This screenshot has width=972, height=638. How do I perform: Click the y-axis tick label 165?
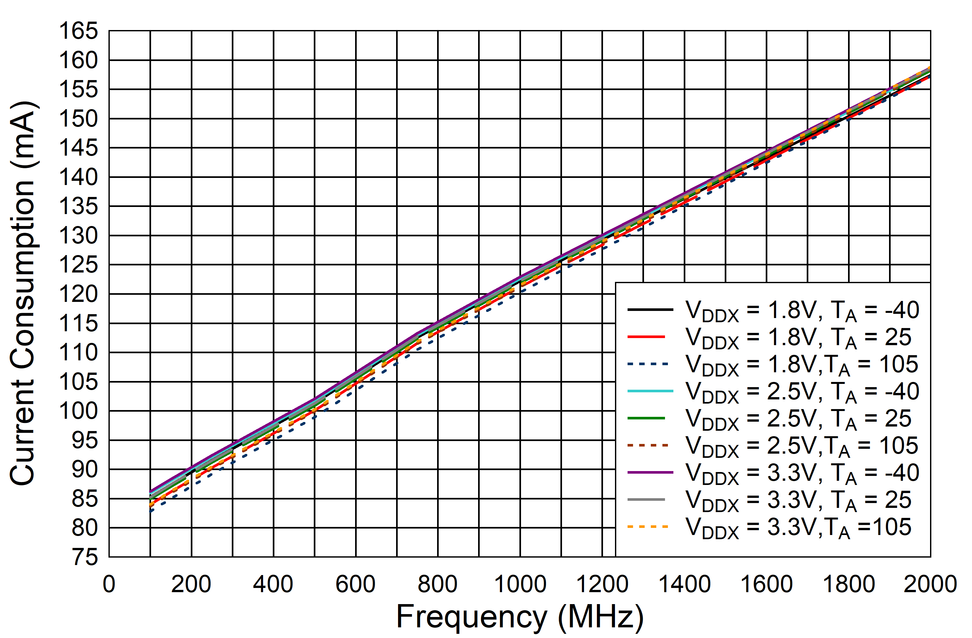tap(78, 31)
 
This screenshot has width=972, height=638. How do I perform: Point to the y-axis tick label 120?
tap(78, 294)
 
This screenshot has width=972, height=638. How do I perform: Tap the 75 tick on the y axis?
tap(85, 557)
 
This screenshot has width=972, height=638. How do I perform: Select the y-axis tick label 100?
tap(78, 411)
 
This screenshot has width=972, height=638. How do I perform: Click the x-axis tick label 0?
tap(109, 584)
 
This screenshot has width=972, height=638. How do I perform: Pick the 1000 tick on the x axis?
tap(520, 584)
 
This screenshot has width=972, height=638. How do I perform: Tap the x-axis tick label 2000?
tap(930, 584)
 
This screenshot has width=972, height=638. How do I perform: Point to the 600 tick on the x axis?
tap(355, 584)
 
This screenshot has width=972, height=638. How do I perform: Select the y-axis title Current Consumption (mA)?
tap(24, 293)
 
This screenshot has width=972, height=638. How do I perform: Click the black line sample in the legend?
tap(650, 310)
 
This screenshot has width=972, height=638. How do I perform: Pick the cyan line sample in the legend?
tap(650, 391)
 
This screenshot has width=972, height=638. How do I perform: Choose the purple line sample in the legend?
tap(650, 473)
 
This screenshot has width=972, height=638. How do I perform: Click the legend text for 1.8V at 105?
tap(802, 365)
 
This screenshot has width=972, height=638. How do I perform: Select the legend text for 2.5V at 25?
tap(798, 419)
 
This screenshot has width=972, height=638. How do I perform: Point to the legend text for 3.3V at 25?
tap(798, 500)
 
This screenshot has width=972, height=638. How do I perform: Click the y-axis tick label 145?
tap(78, 148)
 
